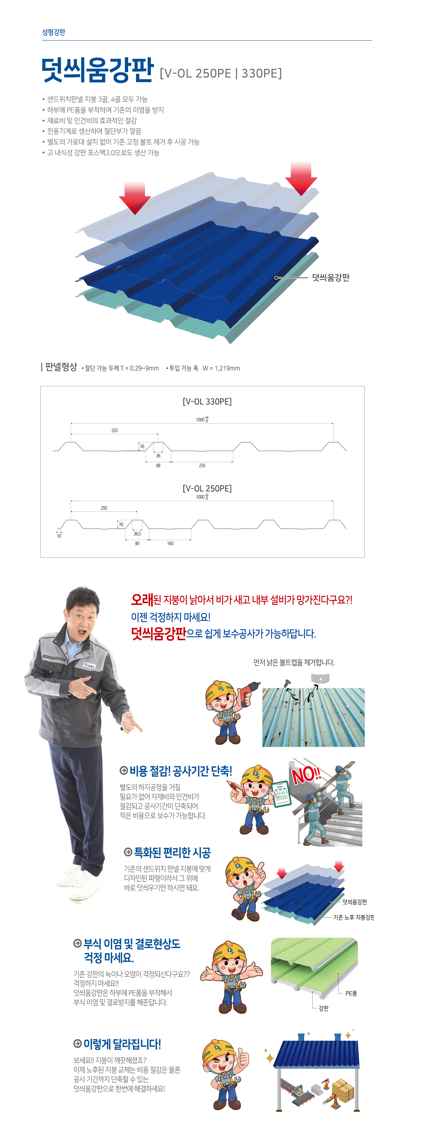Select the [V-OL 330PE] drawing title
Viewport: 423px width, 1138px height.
coord(207,401)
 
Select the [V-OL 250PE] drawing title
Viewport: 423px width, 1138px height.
coord(207,488)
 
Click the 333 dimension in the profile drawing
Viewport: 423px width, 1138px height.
coord(115,430)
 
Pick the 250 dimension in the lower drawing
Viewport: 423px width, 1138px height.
coord(104,508)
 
